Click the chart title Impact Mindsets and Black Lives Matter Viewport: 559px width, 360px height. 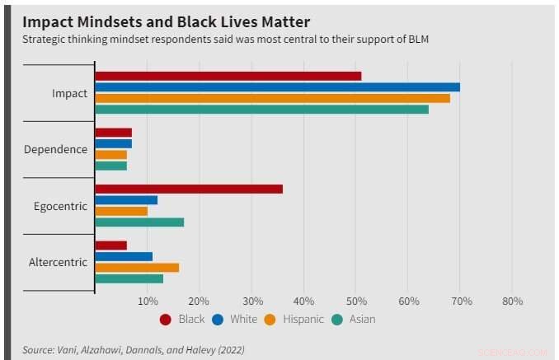click(x=161, y=18)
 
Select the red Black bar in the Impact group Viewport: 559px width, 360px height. click(x=228, y=76)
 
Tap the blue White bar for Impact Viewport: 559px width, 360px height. click(x=278, y=87)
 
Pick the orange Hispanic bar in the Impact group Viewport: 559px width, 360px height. click(x=273, y=98)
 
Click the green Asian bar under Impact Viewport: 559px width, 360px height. click(x=262, y=110)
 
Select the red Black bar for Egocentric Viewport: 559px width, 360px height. click(x=189, y=189)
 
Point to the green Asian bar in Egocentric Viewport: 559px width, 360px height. click(x=139, y=222)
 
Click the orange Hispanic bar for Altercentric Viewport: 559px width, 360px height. click(x=137, y=268)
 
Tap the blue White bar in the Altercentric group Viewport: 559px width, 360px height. click(x=124, y=256)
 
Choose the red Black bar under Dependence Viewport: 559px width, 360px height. click(x=114, y=133)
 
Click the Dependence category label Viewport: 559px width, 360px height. click(x=55, y=149)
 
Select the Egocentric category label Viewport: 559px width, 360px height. click(x=60, y=206)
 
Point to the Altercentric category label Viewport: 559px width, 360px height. click(x=58, y=262)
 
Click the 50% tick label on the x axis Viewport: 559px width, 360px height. click(x=355, y=302)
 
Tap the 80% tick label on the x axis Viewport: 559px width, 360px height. click(x=512, y=302)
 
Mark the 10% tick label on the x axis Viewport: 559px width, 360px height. click(x=148, y=302)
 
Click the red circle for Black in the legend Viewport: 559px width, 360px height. click(x=165, y=320)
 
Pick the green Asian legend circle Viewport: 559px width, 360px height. click(x=336, y=320)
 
